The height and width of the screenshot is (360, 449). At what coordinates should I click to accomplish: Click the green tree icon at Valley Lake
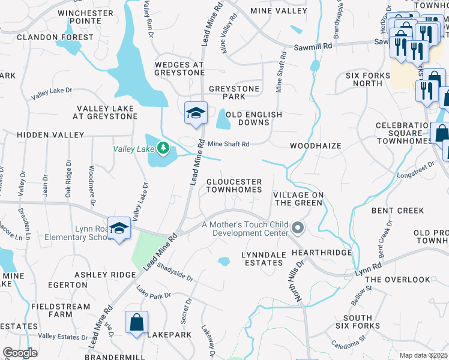pos(163,148)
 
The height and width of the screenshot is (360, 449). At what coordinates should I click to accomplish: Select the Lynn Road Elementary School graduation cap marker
pos(119,229)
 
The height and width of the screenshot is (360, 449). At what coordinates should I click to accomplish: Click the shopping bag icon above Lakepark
pos(136,322)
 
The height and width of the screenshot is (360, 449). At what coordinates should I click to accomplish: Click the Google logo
pos(20,353)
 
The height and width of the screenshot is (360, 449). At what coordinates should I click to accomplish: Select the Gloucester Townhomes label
pos(234,185)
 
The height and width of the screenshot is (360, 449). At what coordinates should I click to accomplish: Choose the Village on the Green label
pos(298,199)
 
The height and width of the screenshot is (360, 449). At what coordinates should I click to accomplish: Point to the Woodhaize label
pos(315,146)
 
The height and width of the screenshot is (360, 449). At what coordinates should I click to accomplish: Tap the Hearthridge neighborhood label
pos(321,253)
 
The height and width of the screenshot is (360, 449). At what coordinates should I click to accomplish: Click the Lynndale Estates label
pos(263,259)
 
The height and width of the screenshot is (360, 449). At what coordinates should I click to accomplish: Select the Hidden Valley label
pos(42,135)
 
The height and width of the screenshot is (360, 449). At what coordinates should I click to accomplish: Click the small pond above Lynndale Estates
pos(224,262)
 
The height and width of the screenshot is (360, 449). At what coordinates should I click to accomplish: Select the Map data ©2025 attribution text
pos(423,355)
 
